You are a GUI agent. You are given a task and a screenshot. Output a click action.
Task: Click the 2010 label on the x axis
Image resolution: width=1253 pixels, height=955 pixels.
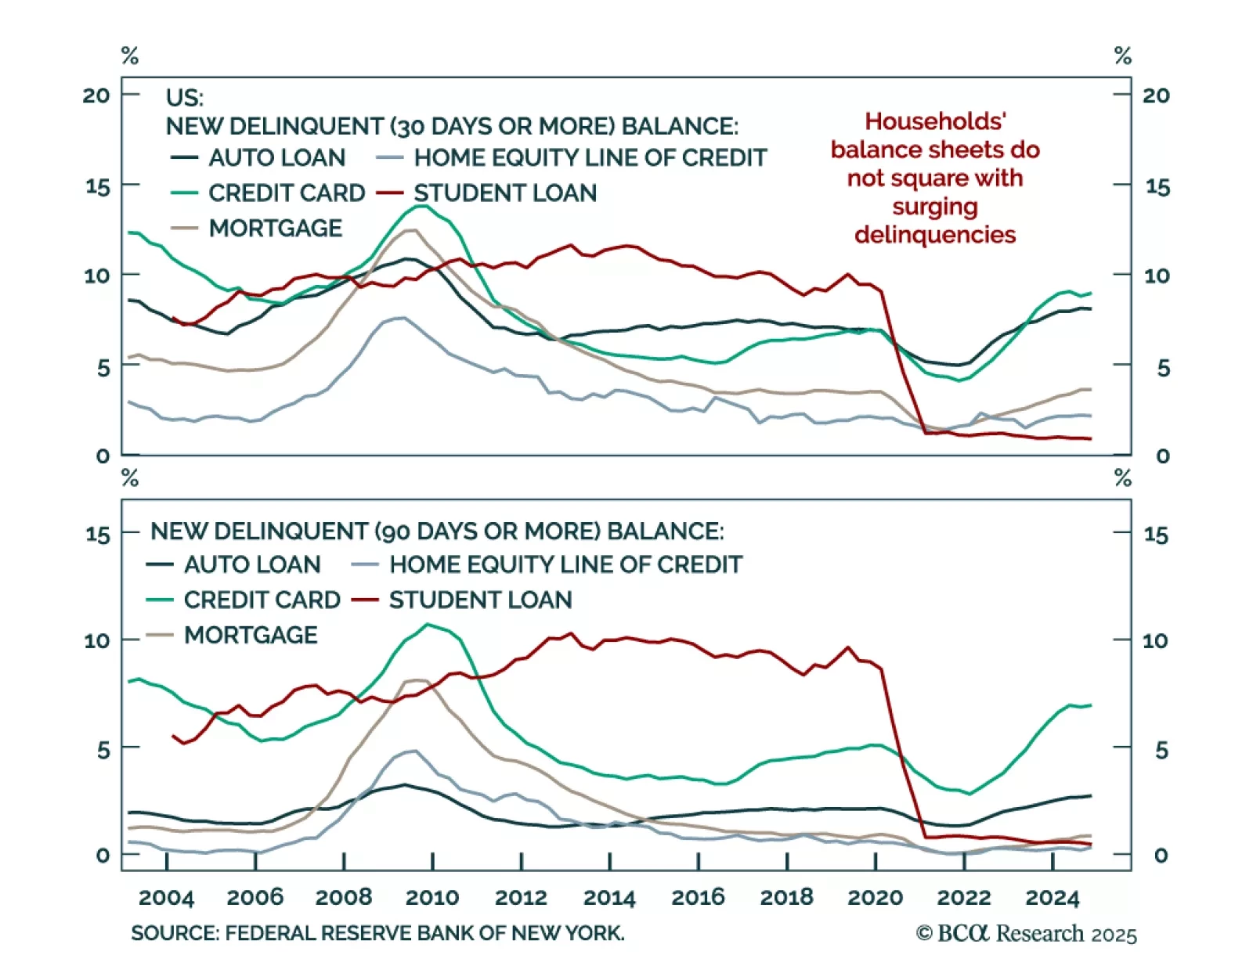tap(432, 898)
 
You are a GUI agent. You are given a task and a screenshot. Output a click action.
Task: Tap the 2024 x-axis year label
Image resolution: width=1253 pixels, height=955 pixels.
tap(1053, 898)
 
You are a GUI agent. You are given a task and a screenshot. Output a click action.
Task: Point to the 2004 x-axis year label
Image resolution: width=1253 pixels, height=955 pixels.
tap(166, 898)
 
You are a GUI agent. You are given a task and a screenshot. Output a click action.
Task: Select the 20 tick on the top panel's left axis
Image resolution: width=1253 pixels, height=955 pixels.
tap(96, 95)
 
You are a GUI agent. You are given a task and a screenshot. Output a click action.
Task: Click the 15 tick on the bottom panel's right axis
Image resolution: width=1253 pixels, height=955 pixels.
tap(1156, 535)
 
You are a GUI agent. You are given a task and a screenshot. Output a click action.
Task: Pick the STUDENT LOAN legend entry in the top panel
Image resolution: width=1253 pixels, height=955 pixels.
tap(504, 193)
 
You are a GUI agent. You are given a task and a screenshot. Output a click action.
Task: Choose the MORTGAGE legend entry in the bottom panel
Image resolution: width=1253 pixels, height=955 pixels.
tap(251, 635)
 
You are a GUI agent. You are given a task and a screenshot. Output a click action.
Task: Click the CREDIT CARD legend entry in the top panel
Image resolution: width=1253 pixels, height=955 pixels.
tap(287, 193)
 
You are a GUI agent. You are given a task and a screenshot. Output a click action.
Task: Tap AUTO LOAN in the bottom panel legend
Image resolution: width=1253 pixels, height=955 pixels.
tap(252, 564)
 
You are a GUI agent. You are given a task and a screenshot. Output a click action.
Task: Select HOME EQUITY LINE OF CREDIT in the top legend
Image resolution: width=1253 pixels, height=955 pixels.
tap(590, 158)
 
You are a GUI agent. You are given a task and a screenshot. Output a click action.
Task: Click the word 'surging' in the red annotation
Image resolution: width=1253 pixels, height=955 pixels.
tap(935, 207)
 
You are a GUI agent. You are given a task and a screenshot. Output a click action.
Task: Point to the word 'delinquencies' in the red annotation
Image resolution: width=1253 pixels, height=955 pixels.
tap(935, 235)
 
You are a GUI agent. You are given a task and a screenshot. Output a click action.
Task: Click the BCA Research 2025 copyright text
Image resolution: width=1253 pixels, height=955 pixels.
tap(1027, 934)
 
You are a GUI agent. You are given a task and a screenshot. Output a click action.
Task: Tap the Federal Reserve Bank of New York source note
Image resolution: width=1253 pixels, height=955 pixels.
tap(377, 933)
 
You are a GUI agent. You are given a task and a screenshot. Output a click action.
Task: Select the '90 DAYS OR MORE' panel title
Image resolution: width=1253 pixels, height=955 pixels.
tap(437, 532)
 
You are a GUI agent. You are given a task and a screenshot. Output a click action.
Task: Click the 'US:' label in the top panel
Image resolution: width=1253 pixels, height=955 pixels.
tap(185, 98)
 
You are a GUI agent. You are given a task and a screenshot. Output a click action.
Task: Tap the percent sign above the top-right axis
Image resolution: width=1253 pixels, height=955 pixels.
tap(1123, 56)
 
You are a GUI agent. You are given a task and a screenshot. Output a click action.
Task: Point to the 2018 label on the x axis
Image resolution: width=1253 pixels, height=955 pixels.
tap(786, 898)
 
